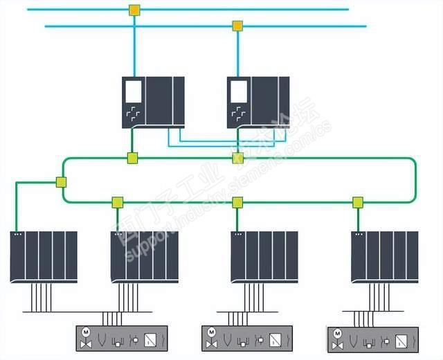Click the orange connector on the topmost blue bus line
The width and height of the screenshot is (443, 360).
point(134,10)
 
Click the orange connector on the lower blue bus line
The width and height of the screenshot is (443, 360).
point(237,26)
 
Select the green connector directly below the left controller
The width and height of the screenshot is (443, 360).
point(132,158)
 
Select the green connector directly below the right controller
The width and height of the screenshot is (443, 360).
point(237,158)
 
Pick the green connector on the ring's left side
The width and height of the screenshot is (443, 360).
point(61,183)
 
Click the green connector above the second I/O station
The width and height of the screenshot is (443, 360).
point(117,202)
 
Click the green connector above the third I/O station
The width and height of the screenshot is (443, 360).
point(237,202)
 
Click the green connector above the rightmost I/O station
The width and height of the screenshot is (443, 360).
point(358,202)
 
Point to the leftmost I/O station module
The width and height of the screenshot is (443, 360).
point(44,256)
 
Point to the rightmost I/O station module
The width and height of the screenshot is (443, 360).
point(384,256)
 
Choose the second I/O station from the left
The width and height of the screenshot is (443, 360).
point(145,256)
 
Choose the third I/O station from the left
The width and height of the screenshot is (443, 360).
point(264,256)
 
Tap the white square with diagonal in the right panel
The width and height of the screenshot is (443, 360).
point(400,341)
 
